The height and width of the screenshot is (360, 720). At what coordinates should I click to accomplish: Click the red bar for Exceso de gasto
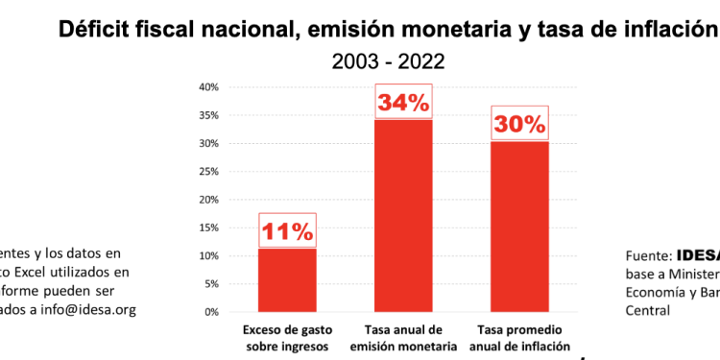click(x=286, y=279)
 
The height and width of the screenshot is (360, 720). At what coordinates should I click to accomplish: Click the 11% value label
click(x=287, y=231)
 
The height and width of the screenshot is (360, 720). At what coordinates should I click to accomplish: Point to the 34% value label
click(x=402, y=103)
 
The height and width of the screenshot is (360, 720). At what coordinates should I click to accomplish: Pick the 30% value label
click(x=519, y=124)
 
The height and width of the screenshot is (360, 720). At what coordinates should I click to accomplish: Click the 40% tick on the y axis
click(x=209, y=87)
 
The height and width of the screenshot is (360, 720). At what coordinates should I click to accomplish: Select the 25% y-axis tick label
click(x=209, y=172)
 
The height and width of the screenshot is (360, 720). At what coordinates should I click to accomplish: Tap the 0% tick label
click(x=212, y=312)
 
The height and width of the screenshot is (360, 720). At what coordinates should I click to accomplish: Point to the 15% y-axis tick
click(x=209, y=228)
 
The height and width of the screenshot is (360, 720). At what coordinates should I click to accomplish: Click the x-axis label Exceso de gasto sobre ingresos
click(x=286, y=338)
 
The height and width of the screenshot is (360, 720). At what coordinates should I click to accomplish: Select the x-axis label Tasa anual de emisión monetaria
click(x=402, y=338)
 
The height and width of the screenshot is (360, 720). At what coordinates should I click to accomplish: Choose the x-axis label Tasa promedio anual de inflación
click(x=519, y=338)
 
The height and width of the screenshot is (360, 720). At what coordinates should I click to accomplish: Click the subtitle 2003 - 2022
click(x=388, y=62)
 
